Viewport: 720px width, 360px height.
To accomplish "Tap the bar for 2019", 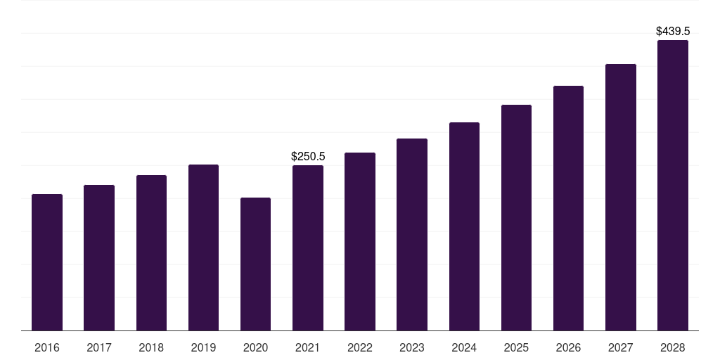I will (x=203, y=247).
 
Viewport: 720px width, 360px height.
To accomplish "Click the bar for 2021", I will (x=308, y=247).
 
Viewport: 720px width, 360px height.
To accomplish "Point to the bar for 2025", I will (x=516, y=217).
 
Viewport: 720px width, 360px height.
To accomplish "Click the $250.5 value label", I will (x=308, y=156).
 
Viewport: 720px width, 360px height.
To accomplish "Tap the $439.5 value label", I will (x=673, y=32).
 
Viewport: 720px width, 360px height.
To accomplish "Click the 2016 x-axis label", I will (x=47, y=348).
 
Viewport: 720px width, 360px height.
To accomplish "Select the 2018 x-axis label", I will (x=151, y=348).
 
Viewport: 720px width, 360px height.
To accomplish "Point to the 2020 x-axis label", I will (x=255, y=348).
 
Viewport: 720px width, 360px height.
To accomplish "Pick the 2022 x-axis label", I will (x=360, y=348).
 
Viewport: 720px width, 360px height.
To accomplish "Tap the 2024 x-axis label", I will (x=464, y=348).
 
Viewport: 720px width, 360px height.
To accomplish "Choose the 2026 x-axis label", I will (x=568, y=348).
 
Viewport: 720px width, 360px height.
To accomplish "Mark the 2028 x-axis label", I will (x=673, y=348).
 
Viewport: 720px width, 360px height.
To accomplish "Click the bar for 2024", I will (x=464, y=226).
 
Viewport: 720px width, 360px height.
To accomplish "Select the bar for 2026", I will (x=568, y=208).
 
